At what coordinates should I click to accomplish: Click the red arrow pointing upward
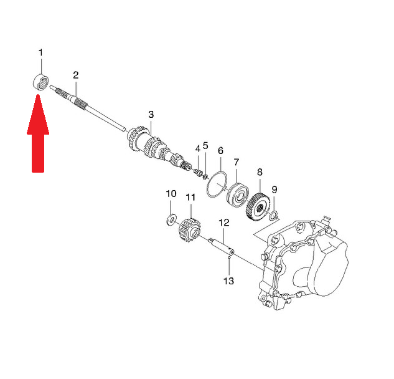(38, 133)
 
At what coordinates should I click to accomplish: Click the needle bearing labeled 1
(41, 81)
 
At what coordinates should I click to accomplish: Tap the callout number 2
(76, 75)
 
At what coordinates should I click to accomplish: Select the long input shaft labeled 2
(87, 108)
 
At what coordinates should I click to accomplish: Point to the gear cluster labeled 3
(156, 148)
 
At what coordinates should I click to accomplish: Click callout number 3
(151, 115)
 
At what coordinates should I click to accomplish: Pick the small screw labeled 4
(199, 173)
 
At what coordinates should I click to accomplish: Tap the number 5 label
(205, 145)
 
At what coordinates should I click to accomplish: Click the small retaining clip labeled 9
(274, 216)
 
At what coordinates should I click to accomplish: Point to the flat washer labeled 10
(172, 219)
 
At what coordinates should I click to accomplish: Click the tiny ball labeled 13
(229, 257)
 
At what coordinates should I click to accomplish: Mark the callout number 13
(228, 281)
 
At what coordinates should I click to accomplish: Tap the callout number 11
(190, 198)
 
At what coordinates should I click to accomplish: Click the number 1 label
(40, 53)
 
